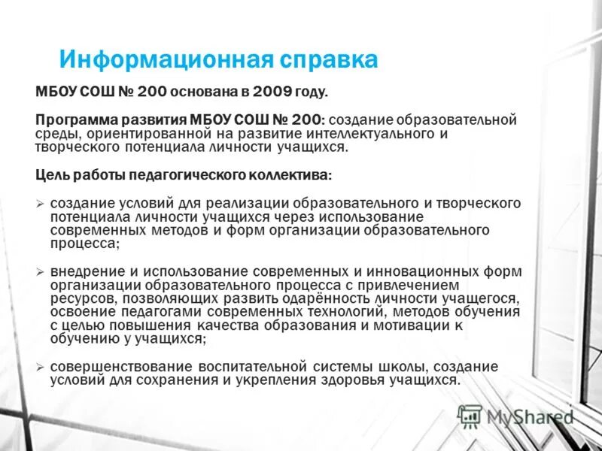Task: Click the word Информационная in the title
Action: point(165,59)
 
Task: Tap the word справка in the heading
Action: point(329,59)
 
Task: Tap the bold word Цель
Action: point(53,174)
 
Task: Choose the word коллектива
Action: point(289,174)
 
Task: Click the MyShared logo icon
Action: point(470,415)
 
